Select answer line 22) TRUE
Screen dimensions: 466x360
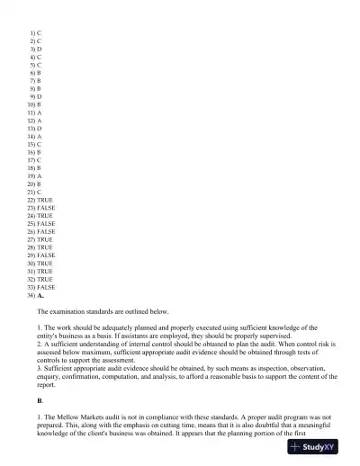[40, 200]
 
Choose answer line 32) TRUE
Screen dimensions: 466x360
[40, 280]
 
